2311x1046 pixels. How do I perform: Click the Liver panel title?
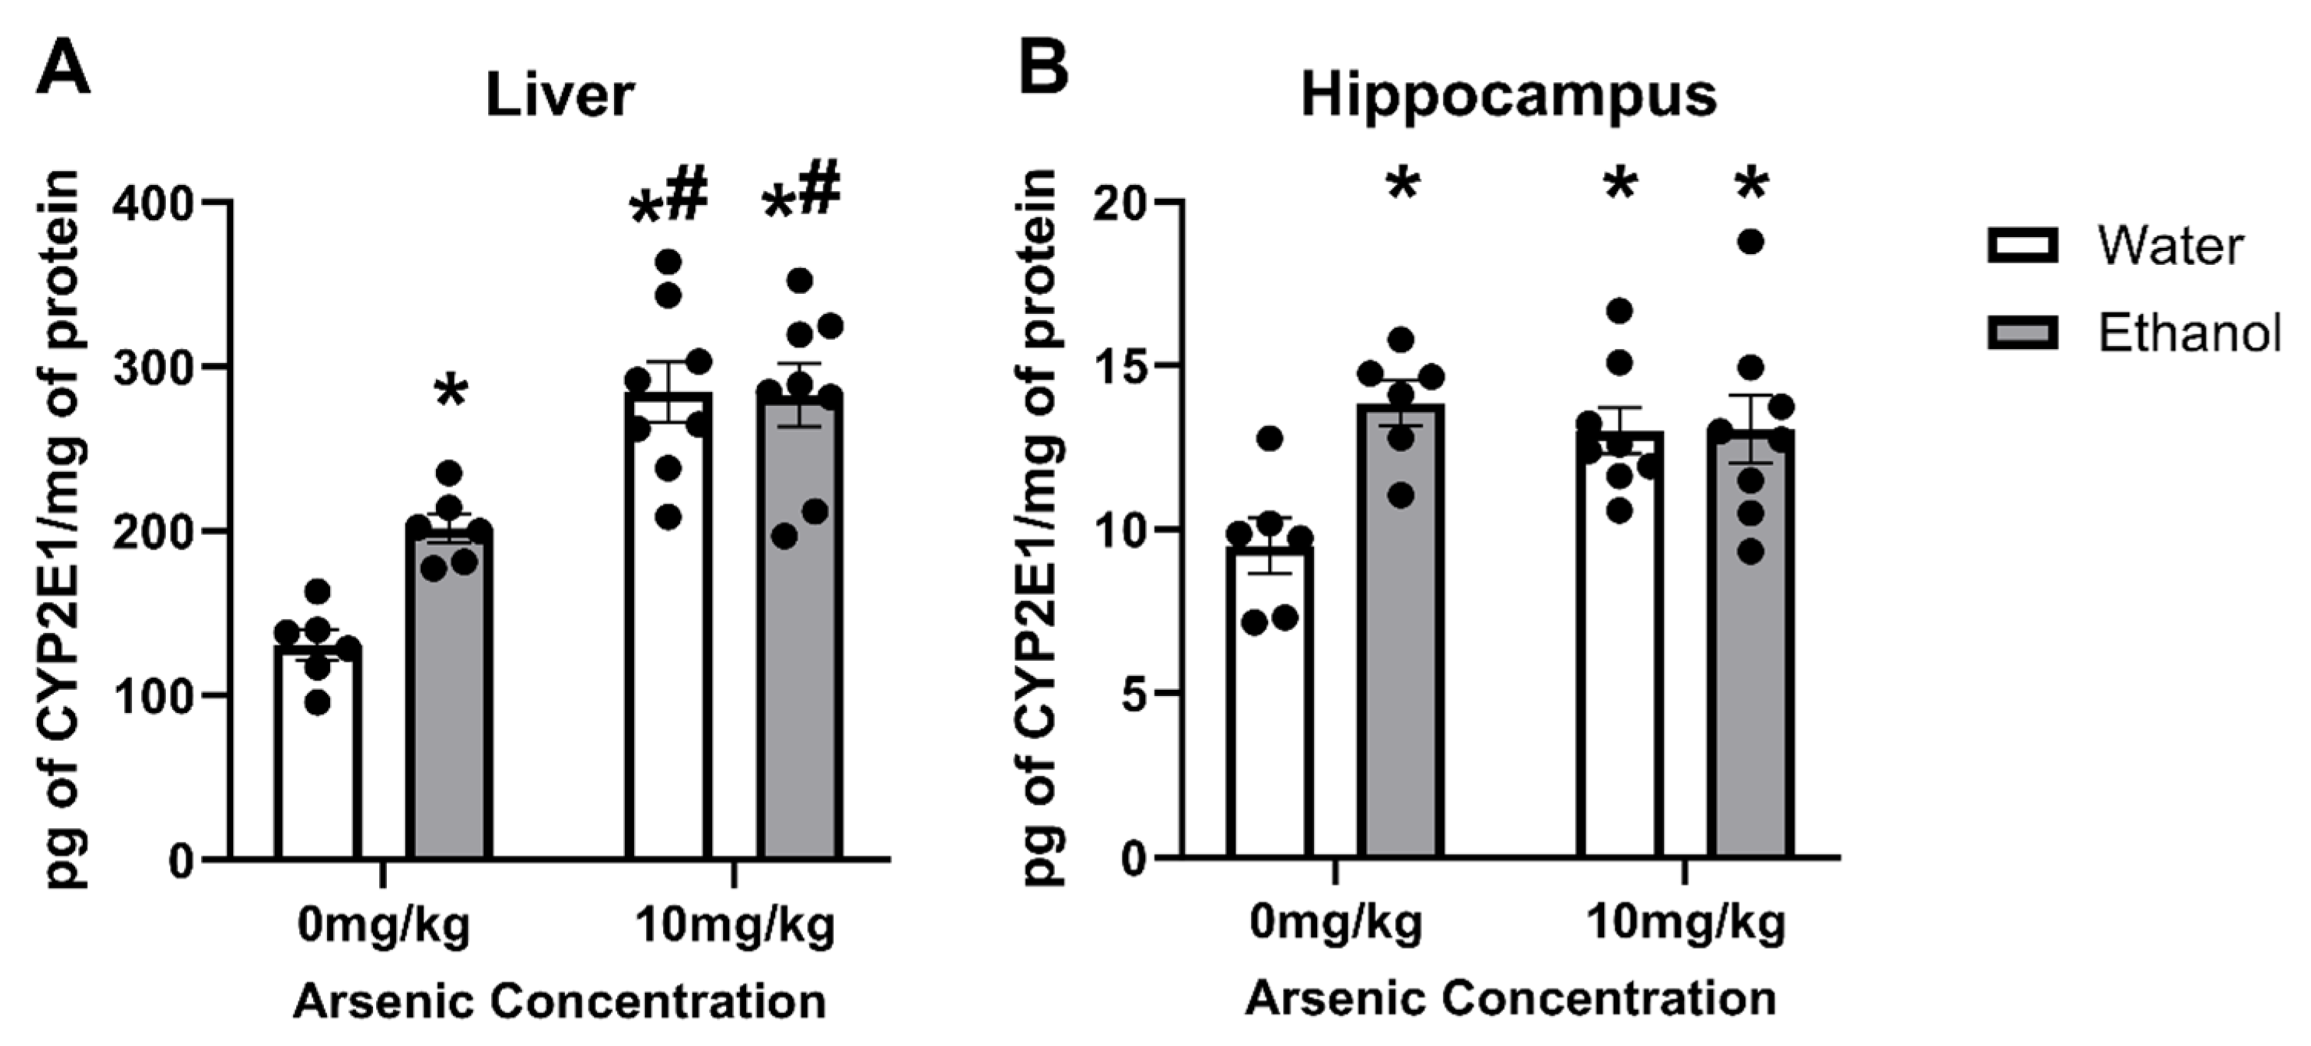coord(560,95)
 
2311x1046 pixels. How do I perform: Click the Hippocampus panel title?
coord(1508,95)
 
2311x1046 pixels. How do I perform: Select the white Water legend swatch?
coord(2023,246)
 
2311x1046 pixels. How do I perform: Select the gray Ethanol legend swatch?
coord(2023,334)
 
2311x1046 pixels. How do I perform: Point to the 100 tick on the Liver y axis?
coord(153,695)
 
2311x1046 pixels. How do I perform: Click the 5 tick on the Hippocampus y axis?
coord(1136,695)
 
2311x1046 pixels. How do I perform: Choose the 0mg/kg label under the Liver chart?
coord(384,925)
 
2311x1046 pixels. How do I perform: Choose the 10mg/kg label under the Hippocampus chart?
coord(1685,923)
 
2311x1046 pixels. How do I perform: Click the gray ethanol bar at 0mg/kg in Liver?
coord(448,700)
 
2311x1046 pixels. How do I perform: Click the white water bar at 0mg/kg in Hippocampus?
coord(1269,718)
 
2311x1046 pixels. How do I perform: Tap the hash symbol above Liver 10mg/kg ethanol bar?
coord(818,188)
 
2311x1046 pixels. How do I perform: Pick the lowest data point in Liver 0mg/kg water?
coord(318,702)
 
